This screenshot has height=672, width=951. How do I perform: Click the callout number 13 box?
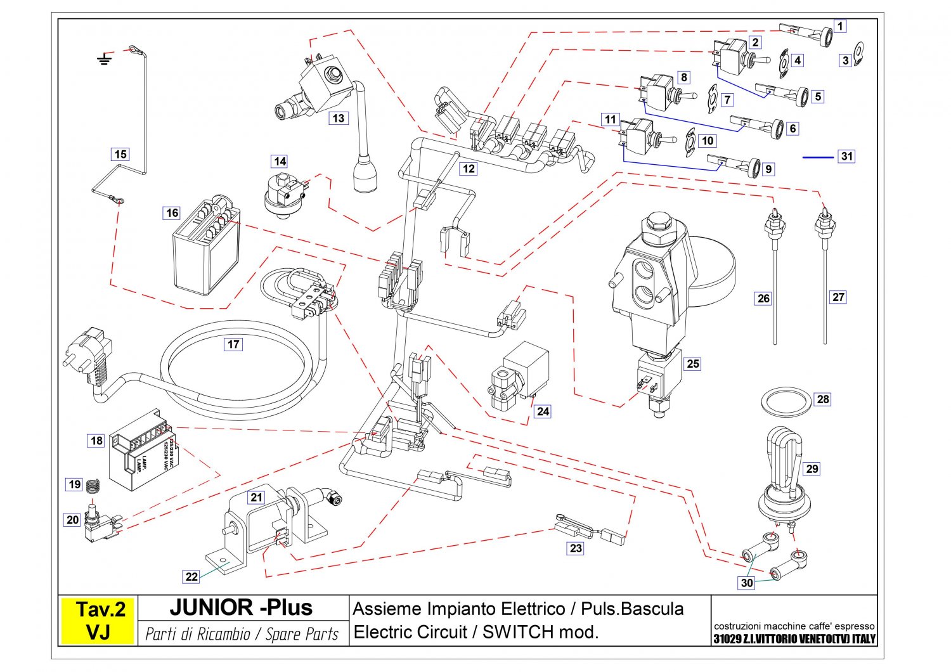339,118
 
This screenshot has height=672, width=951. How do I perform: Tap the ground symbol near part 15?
105,60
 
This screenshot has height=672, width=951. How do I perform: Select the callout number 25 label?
693,363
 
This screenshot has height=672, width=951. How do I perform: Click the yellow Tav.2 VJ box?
98,621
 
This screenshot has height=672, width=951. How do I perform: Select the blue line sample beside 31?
818,157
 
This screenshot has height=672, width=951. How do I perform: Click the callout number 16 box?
172,213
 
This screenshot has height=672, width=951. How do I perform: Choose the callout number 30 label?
747,583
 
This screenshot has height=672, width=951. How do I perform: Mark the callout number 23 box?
576,548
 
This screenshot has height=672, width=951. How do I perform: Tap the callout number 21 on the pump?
256,497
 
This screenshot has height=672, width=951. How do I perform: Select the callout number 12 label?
468,169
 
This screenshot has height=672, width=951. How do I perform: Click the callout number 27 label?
838,297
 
